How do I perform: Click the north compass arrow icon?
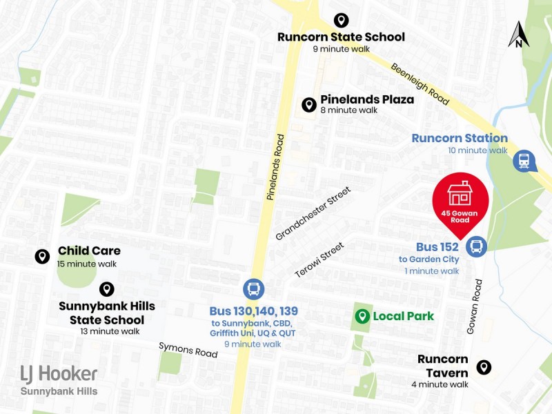point(518,34)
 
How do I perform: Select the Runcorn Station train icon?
point(524,161)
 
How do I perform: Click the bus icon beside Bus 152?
point(476,246)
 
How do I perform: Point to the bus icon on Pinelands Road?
point(253,288)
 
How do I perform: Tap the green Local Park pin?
point(361,316)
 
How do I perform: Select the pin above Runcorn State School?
point(341,21)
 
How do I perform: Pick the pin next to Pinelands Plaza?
point(308,105)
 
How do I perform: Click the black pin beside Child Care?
point(42,257)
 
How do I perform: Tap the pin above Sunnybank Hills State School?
point(107,289)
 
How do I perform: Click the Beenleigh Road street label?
point(420,84)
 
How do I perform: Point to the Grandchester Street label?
point(313,213)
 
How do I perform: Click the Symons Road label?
point(188,350)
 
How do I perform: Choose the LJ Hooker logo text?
point(59,373)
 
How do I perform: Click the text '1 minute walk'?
point(432,271)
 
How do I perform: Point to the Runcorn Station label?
point(460,138)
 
